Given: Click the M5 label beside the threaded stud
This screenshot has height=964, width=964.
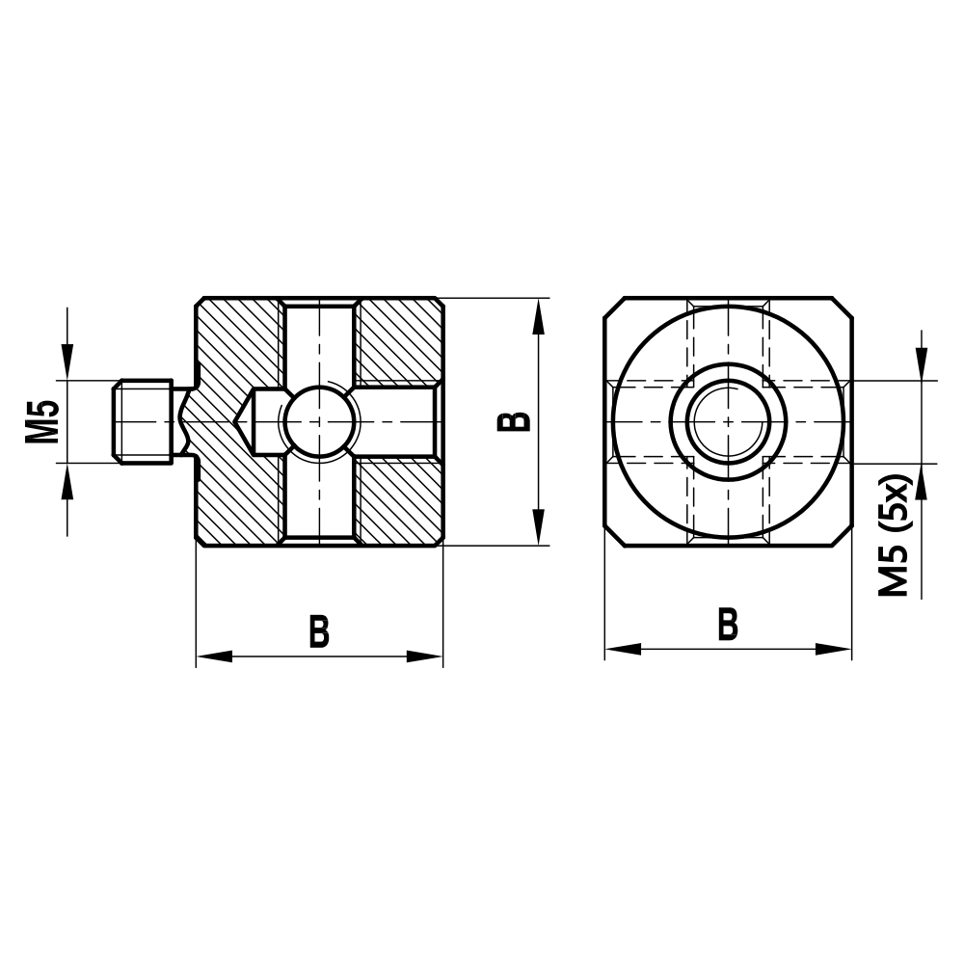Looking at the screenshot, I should [x=42, y=421].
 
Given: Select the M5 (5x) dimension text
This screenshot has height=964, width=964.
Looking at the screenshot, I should [x=896, y=535].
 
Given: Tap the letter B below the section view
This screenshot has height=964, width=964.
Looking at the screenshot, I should [x=319, y=632].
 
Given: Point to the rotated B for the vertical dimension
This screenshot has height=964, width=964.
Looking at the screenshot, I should [x=516, y=421].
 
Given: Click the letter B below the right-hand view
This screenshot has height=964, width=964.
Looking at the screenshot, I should [x=728, y=625].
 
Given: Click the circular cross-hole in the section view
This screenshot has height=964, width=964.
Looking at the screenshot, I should [x=320, y=421].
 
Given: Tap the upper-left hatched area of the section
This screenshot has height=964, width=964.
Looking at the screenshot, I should [x=236, y=337].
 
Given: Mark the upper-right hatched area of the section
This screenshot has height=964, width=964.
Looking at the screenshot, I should [x=397, y=339].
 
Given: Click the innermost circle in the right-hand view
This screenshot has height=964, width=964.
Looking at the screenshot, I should [x=728, y=421].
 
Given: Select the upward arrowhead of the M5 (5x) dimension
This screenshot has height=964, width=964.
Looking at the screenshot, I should [x=923, y=481].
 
